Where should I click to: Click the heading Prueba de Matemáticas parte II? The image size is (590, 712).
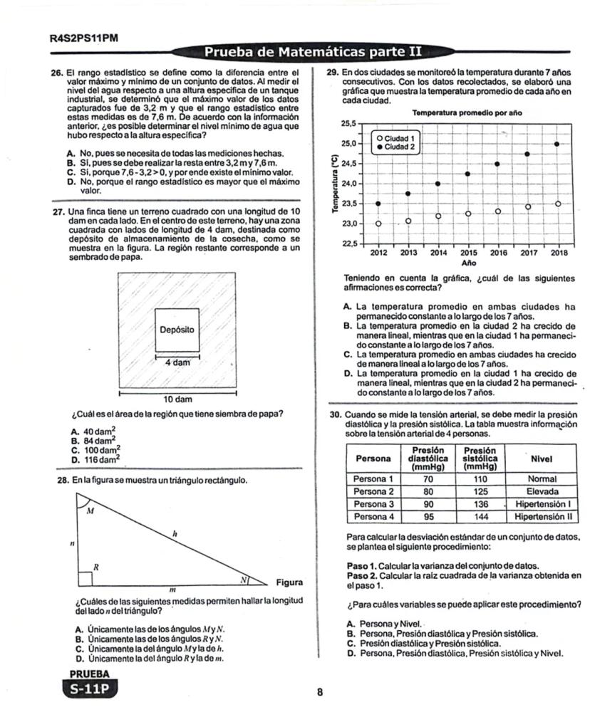click(314, 52)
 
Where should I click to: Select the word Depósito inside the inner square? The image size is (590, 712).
click(177, 330)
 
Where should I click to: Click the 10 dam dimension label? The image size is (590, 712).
click(177, 399)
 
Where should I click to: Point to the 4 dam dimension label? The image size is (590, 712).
click(177, 362)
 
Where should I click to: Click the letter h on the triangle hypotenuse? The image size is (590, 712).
click(175, 533)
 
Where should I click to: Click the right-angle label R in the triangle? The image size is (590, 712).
click(96, 567)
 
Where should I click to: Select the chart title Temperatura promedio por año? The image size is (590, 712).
click(467, 113)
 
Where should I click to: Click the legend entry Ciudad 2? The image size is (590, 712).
click(398, 147)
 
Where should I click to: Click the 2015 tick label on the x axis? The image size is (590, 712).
click(468, 253)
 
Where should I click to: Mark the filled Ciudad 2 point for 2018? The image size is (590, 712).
click(557, 144)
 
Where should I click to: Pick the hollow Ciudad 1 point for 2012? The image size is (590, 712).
click(378, 224)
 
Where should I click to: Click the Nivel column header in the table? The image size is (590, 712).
click(542, 459)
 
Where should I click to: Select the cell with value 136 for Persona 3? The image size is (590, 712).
click(482, 503)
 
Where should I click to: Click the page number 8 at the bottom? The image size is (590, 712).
click(320, 691)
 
